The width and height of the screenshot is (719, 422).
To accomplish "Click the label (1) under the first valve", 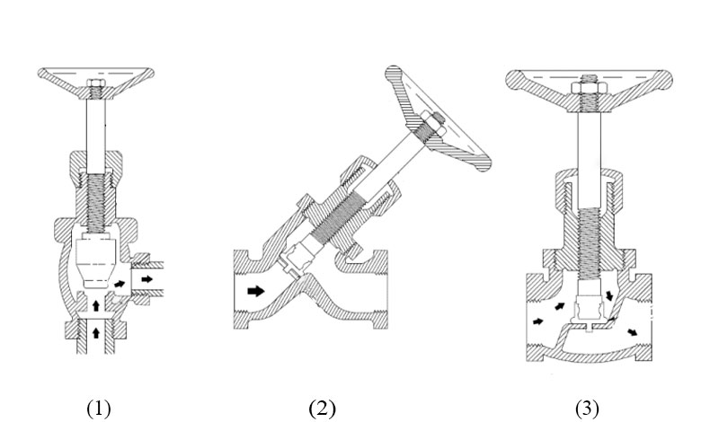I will [98, 409].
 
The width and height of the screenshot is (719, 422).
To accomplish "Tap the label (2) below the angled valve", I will [322, 409].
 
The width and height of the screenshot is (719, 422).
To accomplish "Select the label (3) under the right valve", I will [587, 409].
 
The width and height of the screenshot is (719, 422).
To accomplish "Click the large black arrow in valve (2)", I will [257, 291].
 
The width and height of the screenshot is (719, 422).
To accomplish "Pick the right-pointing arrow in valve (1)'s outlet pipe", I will [147, 279].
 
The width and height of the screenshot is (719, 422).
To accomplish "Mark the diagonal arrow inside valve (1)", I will [120, 285].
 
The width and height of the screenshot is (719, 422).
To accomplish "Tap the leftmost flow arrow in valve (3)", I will [538, 321].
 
